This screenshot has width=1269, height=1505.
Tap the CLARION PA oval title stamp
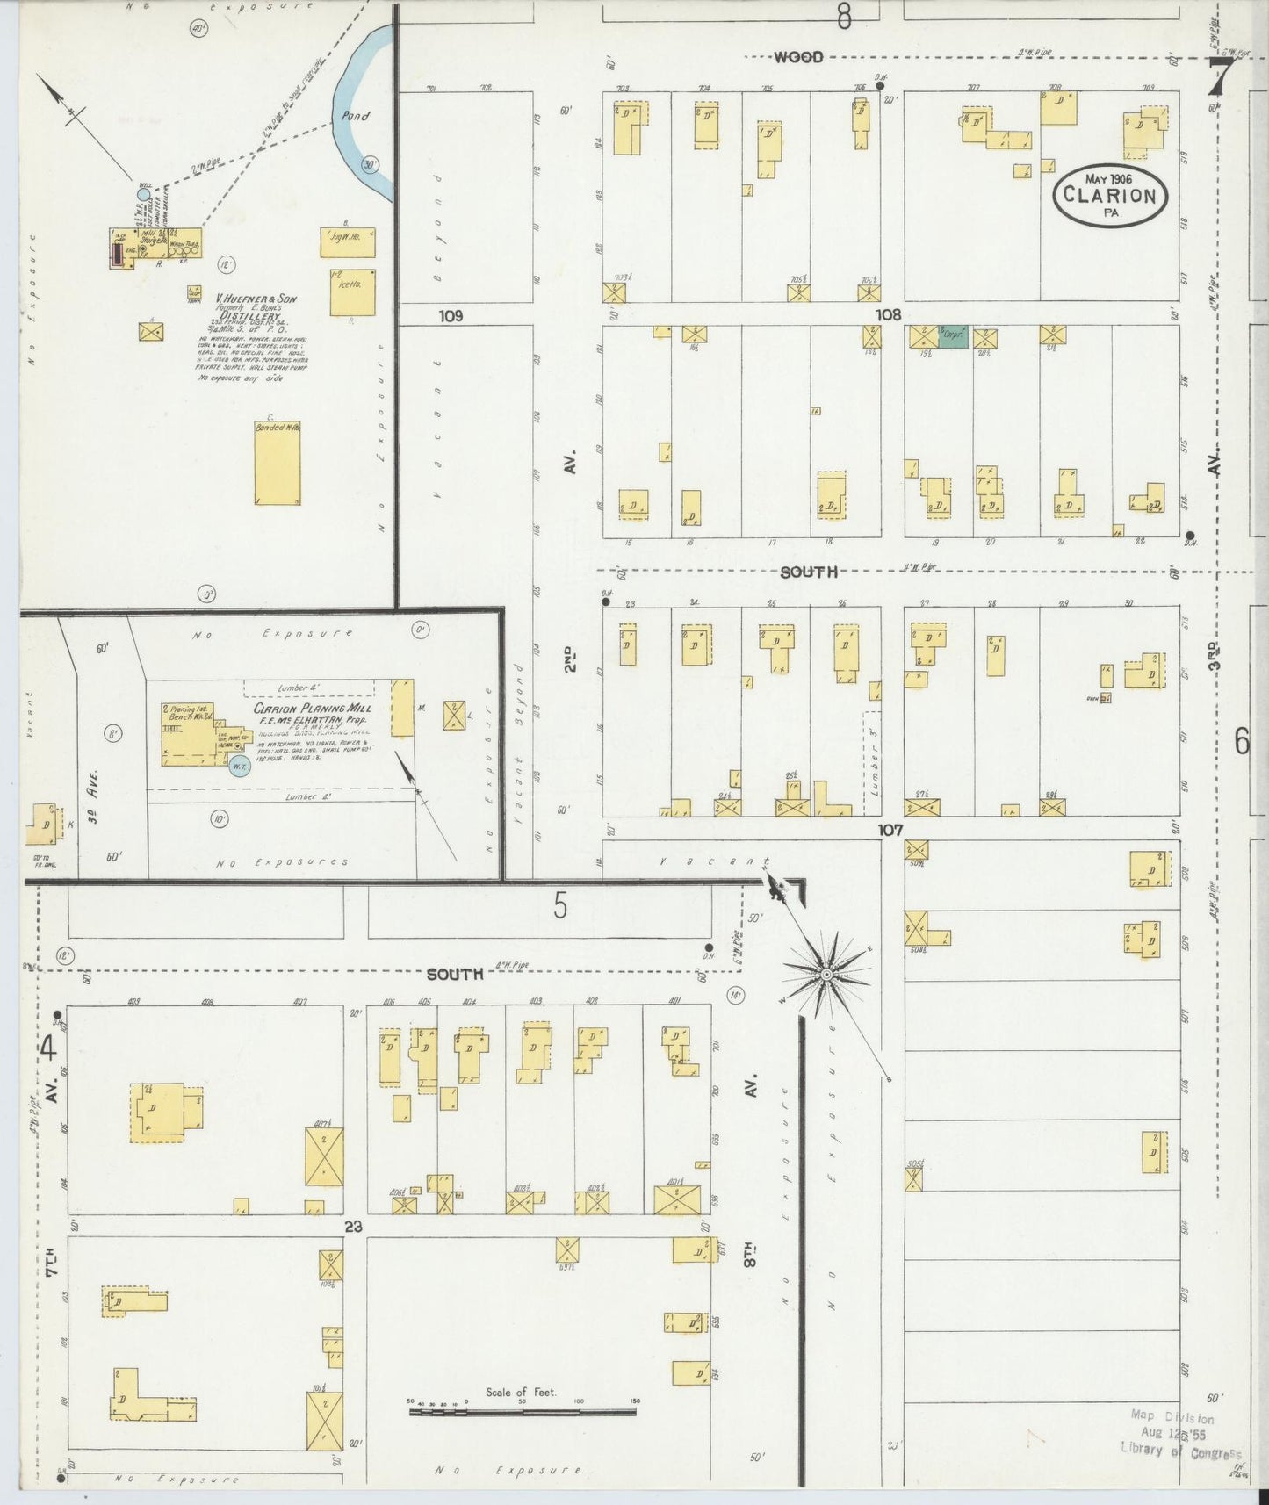(x=1110, y=194)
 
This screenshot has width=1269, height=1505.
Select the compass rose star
(x=826, y=975)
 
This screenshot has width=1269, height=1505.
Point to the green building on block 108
(x=953, y=336)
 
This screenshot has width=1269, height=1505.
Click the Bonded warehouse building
(x=278, y=463)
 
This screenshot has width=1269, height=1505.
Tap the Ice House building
(x=352, y=292)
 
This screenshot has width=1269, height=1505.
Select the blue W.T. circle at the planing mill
(x=238, y=767)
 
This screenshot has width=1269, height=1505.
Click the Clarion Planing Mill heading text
(x=313, y=708)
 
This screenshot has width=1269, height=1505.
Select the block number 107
(x=890, y=829)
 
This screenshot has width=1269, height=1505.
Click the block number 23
(x=353, y=1227)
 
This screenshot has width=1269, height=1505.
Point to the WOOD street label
(x=797, y=58)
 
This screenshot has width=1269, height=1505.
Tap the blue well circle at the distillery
(x=143, y=195)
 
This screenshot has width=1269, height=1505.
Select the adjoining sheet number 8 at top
(x=844, y=17)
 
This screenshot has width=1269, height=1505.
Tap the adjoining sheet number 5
(x=560, y=906)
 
